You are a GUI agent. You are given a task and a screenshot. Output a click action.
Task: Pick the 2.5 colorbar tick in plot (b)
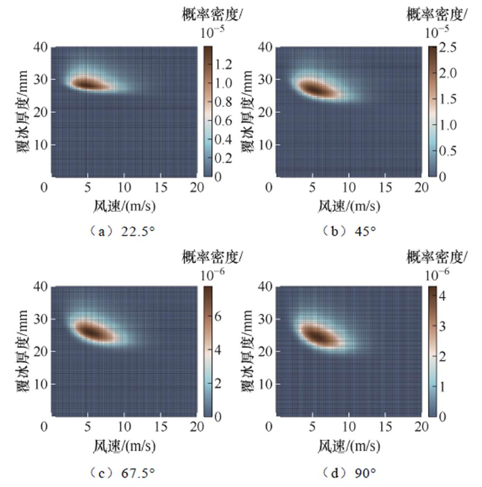pos(447,48)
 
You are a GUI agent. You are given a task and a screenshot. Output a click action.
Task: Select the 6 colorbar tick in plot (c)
pos(218,316)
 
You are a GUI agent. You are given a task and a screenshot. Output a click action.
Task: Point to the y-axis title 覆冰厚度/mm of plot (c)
pos(23,351)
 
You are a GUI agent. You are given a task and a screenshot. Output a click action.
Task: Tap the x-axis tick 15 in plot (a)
pos(161,187)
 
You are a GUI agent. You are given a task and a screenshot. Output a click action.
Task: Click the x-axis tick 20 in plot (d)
pos(421,427)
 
